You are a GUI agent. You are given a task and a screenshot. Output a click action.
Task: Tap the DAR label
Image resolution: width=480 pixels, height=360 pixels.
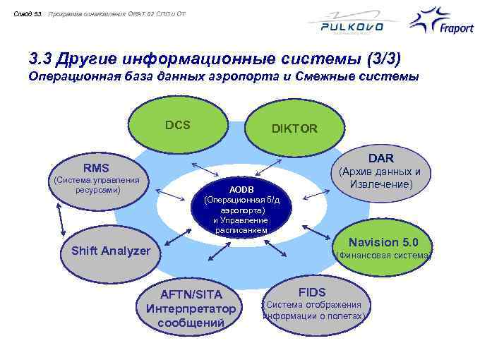pyautogui.click(x=380, y=158)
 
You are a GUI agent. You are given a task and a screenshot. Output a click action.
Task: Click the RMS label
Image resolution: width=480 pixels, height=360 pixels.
pyautogui.click(x=97, y=168)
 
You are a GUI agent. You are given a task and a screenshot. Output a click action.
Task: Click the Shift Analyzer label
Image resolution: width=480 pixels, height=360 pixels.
pyautogui.click(x=111, y=251)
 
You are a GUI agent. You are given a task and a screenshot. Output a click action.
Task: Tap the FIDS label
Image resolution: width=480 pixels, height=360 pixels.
pyautogui.click(x=312, y=292)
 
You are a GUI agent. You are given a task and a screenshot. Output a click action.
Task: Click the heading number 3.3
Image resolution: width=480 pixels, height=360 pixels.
pyautogui.click(x=42, y=56)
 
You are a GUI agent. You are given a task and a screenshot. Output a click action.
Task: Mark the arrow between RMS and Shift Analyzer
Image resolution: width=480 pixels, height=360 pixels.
pyautogui.click(x=56, y=214)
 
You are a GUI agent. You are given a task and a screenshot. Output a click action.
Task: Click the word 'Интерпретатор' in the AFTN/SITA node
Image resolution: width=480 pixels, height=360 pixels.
pyautogui.click(x=191, y=308)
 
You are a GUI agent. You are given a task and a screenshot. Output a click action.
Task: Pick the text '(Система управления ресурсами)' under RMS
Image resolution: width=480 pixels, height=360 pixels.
pyautogui.click(x=97, y=185)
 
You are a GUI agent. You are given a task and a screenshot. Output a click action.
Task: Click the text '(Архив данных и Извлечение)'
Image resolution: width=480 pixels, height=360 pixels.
pyautogui.click(x=380, y=178)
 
